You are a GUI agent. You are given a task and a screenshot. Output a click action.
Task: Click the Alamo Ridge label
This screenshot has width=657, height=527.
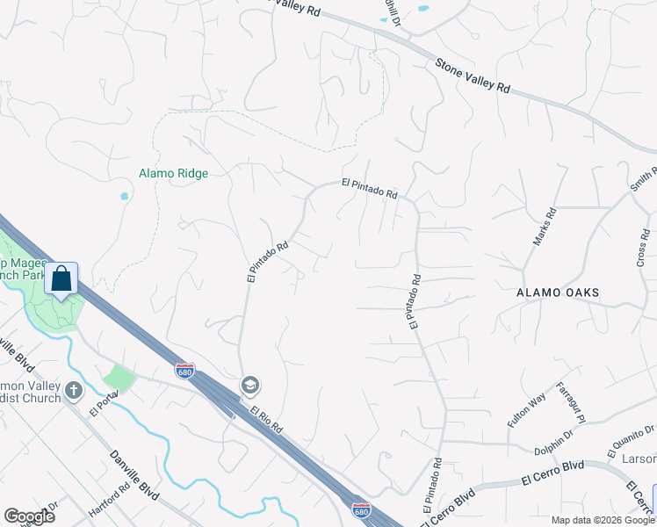pos(174,174)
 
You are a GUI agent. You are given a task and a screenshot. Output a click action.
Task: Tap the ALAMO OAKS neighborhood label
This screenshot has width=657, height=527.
pos(558,292)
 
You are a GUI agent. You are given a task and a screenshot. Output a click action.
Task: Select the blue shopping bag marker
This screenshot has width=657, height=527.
pos(61,279)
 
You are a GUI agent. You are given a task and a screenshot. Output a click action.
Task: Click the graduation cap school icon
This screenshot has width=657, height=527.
pos(250,386)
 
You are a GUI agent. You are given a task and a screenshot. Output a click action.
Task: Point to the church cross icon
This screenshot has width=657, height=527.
pos(75,389)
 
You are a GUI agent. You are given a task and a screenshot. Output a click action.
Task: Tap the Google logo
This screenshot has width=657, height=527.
pos(29,516)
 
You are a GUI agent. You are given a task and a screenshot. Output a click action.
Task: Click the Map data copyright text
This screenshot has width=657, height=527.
pos(603,520)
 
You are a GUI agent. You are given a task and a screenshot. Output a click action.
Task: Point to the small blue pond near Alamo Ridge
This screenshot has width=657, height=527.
pos(124,196)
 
